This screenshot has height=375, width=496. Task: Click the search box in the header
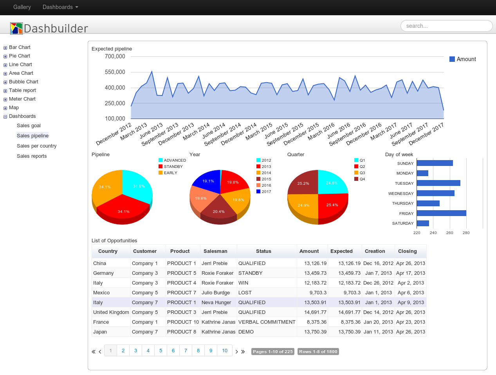(446, 26)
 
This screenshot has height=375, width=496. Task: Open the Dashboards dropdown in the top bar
(60, 7)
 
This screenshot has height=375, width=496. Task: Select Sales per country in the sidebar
(37, 146)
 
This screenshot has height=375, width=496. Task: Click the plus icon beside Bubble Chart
(5, 82)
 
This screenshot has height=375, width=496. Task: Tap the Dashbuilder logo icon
(16, 29)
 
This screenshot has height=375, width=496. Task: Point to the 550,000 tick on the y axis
(115, 72)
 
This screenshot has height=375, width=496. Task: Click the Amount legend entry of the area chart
(463, 59)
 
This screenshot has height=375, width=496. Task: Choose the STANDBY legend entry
(171, 166)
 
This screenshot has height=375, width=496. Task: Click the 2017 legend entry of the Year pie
(264, 191)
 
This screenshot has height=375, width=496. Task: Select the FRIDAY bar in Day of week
(441, 213)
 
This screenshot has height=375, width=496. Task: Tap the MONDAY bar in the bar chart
(422, 173)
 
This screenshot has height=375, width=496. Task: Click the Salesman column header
(215, 251)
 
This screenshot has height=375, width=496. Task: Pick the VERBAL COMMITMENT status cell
(267, 322)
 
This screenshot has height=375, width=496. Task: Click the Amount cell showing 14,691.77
(315, 312)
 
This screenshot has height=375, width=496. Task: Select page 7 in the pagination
(186, 351)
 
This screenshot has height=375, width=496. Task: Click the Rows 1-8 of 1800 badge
(318, 352)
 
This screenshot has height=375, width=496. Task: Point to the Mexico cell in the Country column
(101, 293)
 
